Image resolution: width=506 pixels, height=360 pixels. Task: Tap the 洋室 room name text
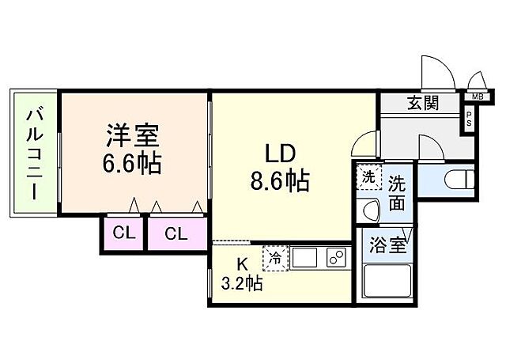point(133,135)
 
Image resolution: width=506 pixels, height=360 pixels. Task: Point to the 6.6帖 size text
point(133,164)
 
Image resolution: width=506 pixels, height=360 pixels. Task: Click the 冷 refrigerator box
point(277,259)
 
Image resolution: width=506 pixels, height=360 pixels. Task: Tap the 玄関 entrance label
point(423,104)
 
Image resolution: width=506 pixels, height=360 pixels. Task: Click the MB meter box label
point(477,97)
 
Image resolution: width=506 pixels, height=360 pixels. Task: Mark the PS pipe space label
point(469,121)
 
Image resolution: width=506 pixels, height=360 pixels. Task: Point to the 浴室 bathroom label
point(388,245)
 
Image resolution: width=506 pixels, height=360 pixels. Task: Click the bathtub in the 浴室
point(387,281)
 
